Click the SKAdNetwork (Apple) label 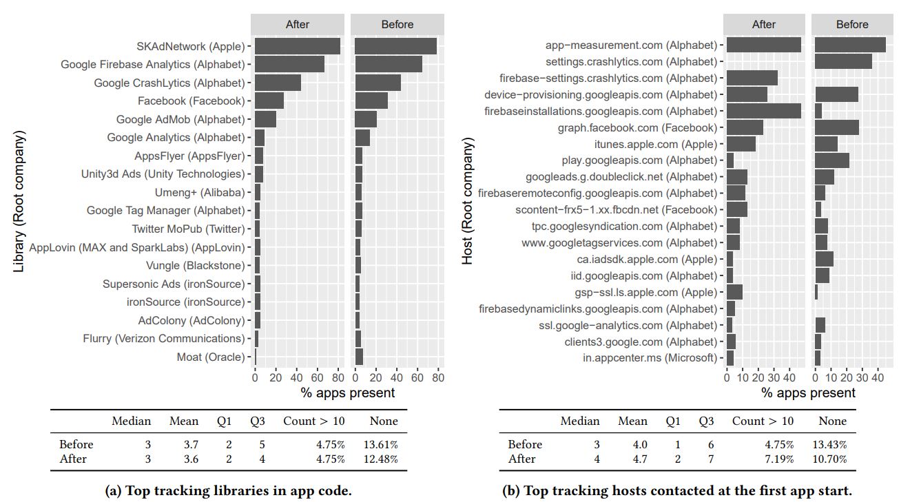(191, 47)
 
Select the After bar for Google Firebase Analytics (289, 65)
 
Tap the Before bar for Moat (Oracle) (359, 357)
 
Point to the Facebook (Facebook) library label (191, 101)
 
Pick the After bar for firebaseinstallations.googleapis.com (763, 111)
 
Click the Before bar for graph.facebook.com (837, 127)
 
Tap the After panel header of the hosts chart (764, 24)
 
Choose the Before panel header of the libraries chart (397, 24)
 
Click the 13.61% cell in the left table (380, 444)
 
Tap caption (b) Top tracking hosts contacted (678, 491)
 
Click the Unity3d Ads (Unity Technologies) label (163, 174)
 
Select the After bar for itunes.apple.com (741, 144)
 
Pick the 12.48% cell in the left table (380, 459)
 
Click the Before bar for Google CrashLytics (378, 83)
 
